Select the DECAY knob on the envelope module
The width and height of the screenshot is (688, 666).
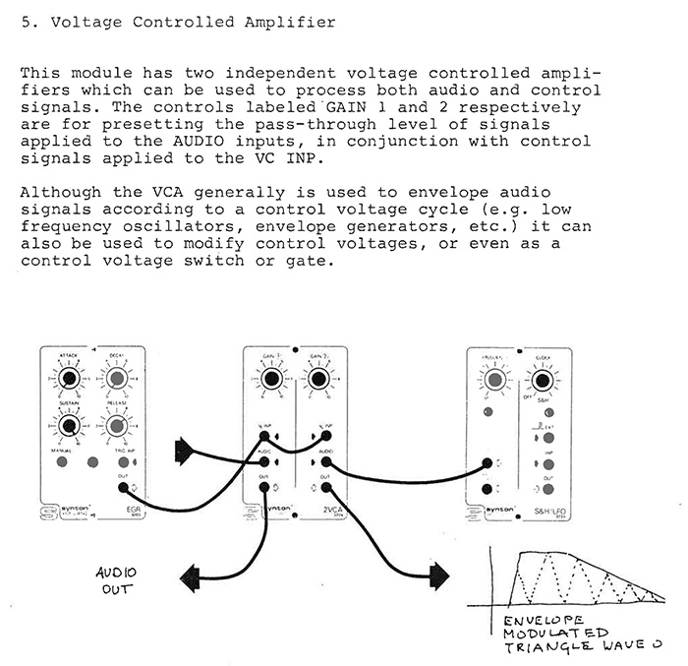coord(116,378)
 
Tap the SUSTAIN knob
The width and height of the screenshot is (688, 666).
coord(68,425)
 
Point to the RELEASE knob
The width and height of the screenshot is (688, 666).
coord(116,425)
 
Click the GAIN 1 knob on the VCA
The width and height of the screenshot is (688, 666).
coord(268,378)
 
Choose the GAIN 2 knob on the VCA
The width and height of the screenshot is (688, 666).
coord(316,378)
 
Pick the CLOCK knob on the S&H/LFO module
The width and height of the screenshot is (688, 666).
coord(539,379)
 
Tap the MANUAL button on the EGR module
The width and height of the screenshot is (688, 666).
coord(62,460)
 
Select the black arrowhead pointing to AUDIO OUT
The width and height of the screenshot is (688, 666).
coord(193,573)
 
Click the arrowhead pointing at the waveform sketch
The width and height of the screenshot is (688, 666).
coord(439,572)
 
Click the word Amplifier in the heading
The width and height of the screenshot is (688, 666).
coord(283,22)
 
